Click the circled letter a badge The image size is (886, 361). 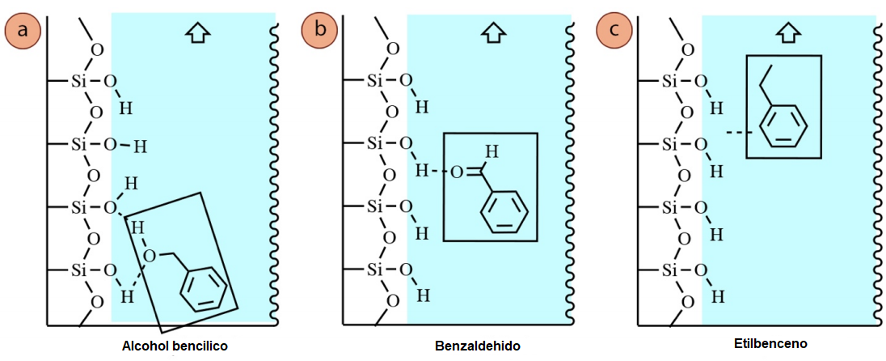[22, 30]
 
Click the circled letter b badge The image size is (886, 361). [319, 30]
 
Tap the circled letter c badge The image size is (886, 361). [614, 30]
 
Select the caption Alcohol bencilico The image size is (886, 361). [175, 346]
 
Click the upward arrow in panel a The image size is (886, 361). [196, 33]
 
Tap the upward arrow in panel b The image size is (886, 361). [492, 33]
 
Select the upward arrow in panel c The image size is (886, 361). [787, 33]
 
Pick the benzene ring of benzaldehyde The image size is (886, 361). [504, 214]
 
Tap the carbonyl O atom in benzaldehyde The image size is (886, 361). [458, 172]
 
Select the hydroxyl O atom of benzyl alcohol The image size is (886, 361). [150, 257]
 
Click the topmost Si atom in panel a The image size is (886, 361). [78, 81]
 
